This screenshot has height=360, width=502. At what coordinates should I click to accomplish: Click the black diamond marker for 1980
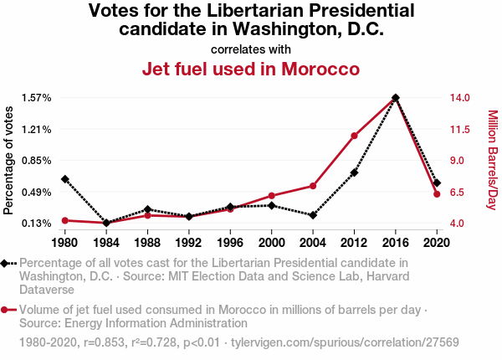pyautogui.click(x=64, y=179)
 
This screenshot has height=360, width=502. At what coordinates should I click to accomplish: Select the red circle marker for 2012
pyautogui.click(x=355, y=136)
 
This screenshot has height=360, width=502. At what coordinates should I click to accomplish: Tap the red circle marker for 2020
pyautogui.click(x=437, y=194)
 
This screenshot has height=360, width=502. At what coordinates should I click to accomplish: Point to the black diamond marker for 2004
pyautogui.click(x=313, y=215)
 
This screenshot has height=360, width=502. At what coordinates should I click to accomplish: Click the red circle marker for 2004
pyautogui.click(x=313, y=186)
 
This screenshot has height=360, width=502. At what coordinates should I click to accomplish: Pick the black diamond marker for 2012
pyautogui.click(x=355, y=172)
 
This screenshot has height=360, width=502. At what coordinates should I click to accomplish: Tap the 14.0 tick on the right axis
pyautogui.click(x=459, y=98)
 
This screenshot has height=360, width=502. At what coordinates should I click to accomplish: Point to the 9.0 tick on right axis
pyautogui.click(x=459, y=161)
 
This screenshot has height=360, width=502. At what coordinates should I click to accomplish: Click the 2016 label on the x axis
pyautogui.click(x=396, y=243)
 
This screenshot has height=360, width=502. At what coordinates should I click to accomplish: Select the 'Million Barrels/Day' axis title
pyautogui.click(x=492, y=160)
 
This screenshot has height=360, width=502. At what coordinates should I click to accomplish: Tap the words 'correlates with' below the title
pyautogui.click(x=251, y=49)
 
